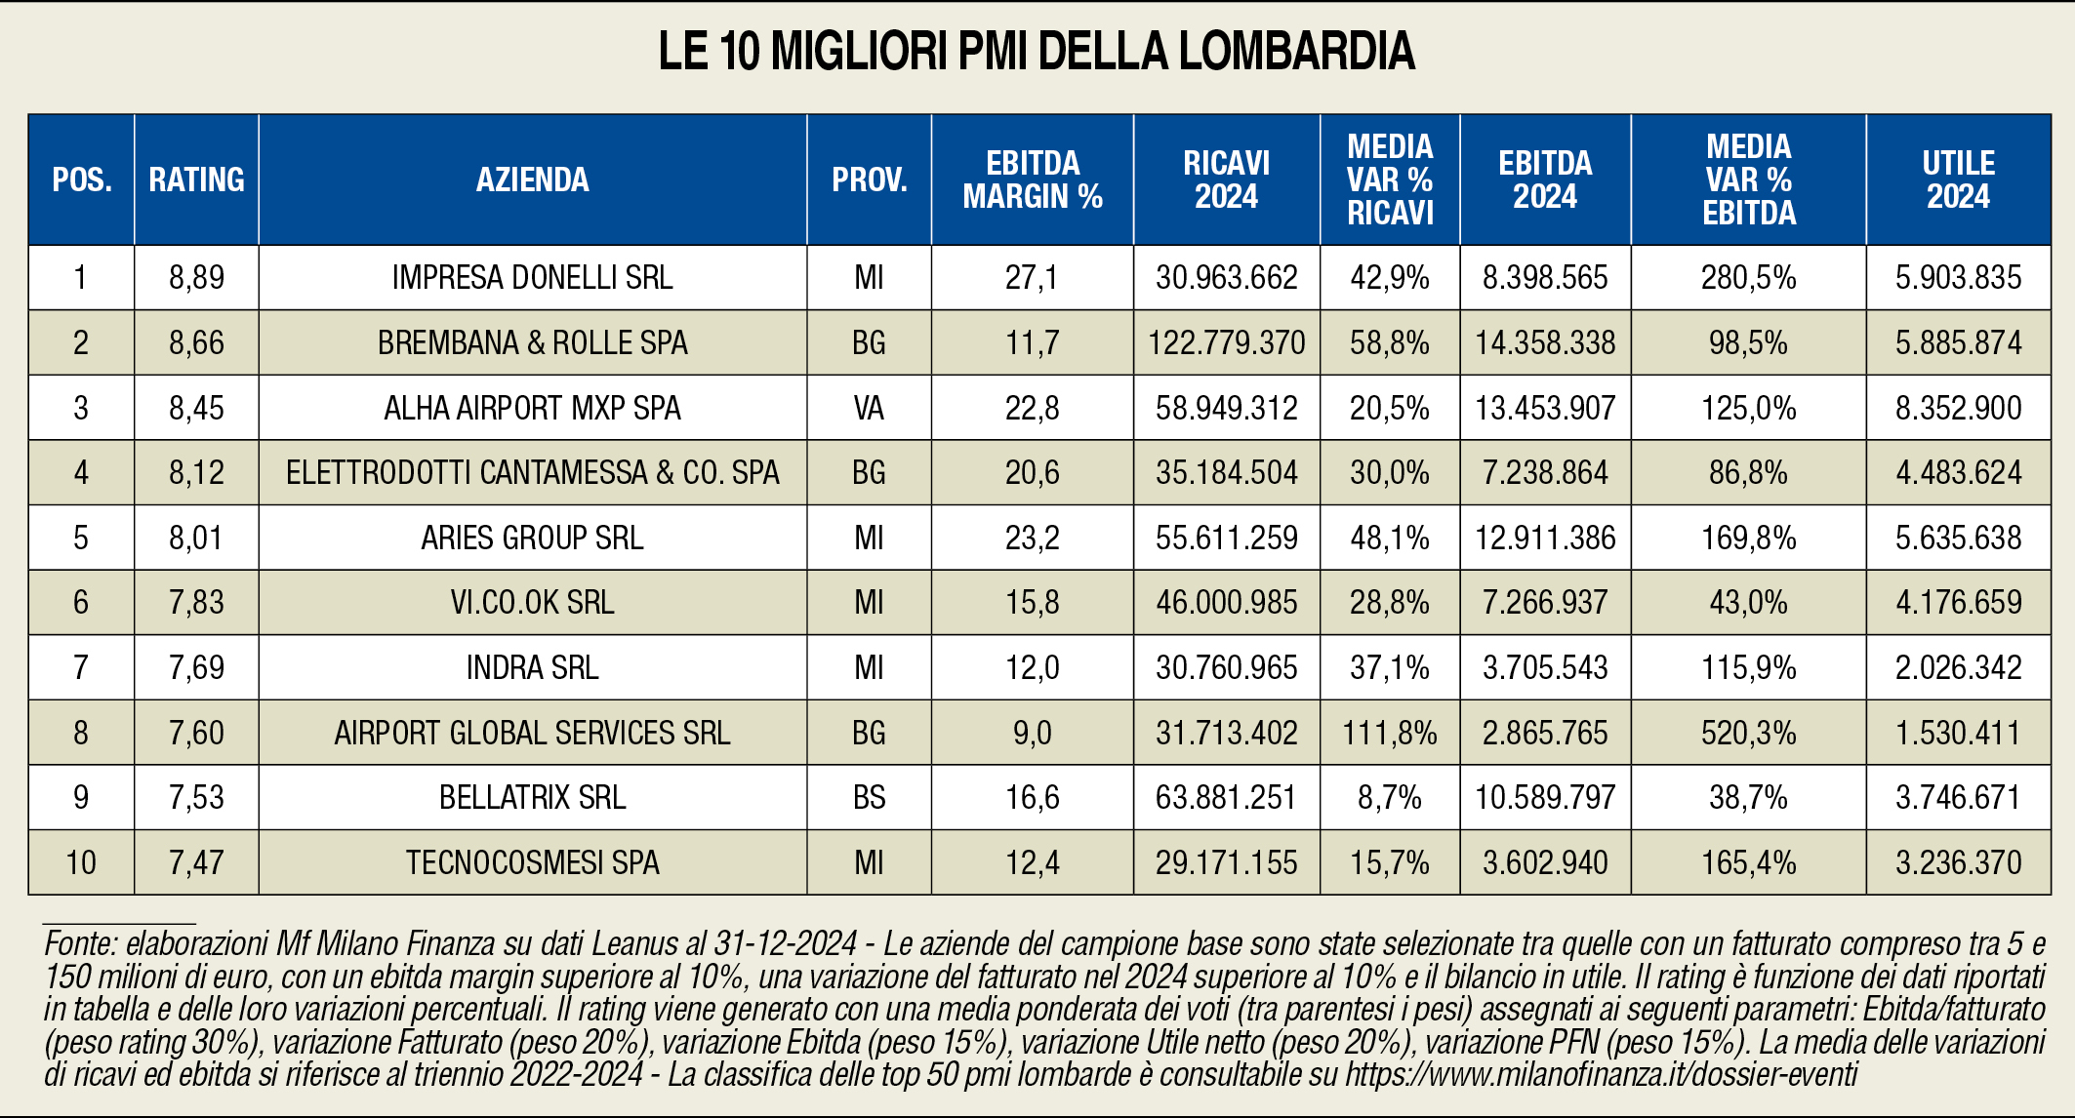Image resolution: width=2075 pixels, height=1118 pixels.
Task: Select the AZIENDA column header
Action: click(532, 180)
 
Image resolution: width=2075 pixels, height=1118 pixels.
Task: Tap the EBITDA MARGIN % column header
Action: click(1032, 180)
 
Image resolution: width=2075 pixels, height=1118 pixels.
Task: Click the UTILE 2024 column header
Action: click(1958, 180)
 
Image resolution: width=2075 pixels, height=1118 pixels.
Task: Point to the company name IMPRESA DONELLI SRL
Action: click(532, 278)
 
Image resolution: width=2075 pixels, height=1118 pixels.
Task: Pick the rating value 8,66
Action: click(196, 343)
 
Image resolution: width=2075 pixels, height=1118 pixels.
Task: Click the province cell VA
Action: click(869, 408)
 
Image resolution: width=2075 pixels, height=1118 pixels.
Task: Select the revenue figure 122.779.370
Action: click(1226, 343)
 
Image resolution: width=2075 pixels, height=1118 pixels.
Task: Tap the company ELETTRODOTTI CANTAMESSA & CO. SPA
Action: click(532, 473)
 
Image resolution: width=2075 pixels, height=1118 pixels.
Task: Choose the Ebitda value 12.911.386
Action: click(1545, 538)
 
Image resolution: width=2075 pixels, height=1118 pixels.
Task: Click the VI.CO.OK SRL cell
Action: click(532, 603)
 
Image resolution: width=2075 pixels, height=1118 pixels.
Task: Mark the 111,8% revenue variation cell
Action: click(1389, 733)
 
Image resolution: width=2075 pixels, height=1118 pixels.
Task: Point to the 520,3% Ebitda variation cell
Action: click(1748, 733)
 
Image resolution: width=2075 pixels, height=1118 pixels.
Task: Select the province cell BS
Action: click(869, 798)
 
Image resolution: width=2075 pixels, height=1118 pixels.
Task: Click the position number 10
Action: click(81, 862)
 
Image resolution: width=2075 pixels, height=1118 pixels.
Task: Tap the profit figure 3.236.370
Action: click(1958, 862)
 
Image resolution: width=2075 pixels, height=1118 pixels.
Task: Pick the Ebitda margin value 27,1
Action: click(1032, 278)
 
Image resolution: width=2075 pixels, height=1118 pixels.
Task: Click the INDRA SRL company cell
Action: click(532, 668)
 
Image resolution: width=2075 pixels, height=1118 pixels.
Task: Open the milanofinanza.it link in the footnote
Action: click(1601, 1075)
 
